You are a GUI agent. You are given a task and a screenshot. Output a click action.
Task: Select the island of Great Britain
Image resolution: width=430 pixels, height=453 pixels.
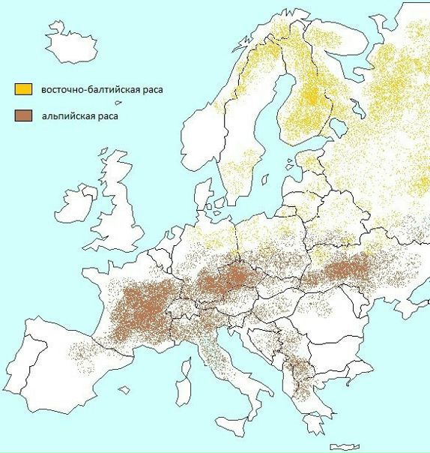(x=124, y=217)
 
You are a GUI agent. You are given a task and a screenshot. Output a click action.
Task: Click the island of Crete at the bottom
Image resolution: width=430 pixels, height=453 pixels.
(x=345, y=447)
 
